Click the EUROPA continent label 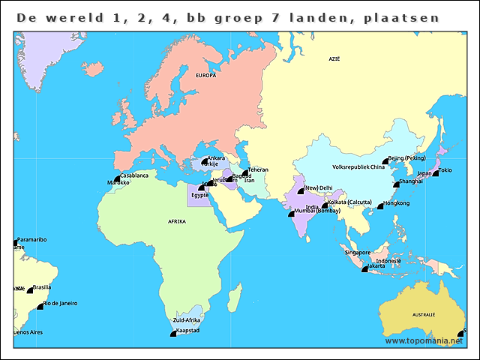coord(206,76)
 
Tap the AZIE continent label coord(334,58)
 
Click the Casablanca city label coord(134,175)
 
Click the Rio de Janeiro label coord(61,304)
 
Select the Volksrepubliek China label coord(358,166)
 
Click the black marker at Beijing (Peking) coord(385,160)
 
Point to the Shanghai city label coord(410,181)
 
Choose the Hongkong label coord(396,203)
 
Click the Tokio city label coord(445,170)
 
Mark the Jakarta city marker coord(364,268)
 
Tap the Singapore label coord(358,253)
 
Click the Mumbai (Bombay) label coord(318,211)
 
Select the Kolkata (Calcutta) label coord(350,202)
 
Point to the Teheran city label coord(258,170)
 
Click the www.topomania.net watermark coord(424,341)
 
